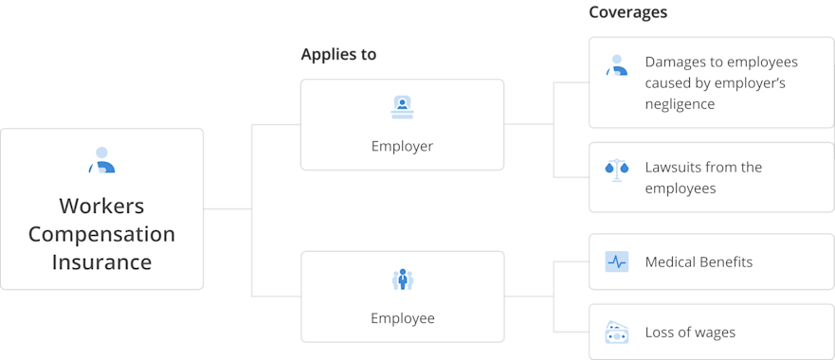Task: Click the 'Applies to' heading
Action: pyautogui.click(x=338, y=55)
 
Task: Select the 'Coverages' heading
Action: pyautogui.click(x=627, y=12)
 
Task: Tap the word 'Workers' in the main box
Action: pyautogui.click(x=101, y=206)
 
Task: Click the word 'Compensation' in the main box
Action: pyautogui.click(x=101, y=234)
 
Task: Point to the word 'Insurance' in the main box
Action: pyautogui.click(x=101, y=261)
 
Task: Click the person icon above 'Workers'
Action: pyautogui.click(x=101, y=160)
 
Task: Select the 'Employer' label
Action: pyautogui.click(x=402, y=147)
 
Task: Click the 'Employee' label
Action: pyautogui.click(x=402, y=318)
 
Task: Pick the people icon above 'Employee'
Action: pyautogui.click(x=402, y=279)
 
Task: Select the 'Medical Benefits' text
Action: pyautogui.click(x=699, y=261)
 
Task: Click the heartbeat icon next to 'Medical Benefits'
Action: pyautogui.click(x=616, y=261)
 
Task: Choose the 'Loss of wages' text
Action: pyautogui.click(x=690, y=332)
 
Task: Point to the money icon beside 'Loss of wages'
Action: pyautogui.click(x=616, y=332)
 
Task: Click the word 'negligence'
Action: pyautogui.click(x=680, y=104)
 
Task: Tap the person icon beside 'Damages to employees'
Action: pyautogui.click(x=616, y=64)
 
